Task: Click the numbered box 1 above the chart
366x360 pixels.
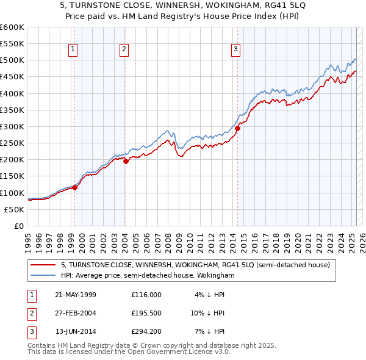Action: click(x=73, y=50)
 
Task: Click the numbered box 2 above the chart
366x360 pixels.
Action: click(x=124, y=50)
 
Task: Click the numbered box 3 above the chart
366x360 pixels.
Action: click(x=235, y=50)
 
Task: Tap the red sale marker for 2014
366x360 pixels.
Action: click(x=238, y=129)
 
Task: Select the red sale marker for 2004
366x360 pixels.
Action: click(x=126, y=161)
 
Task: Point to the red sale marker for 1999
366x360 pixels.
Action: click(x=74, y=187)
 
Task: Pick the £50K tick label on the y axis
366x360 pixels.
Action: click(x=15, y=209)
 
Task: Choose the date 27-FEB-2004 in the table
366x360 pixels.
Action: click(x=76, y=313)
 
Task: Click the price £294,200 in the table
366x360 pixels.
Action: click(x=146, y=331)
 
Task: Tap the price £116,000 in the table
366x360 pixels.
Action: click(x=146, y=295)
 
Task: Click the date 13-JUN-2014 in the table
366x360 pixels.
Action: click(x=76, y=331)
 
